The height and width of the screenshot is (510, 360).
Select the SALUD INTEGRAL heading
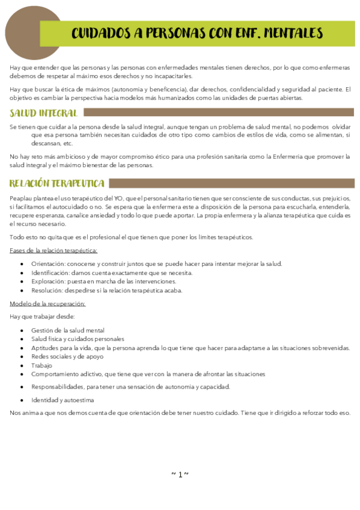click(44, 113)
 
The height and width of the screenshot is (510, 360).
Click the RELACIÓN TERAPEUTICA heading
click(57, 183)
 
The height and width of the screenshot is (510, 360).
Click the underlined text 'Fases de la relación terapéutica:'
click(54, 250)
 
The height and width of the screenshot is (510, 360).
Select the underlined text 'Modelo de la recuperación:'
click(47, 303)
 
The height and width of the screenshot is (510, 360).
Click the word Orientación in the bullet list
click(47, 263)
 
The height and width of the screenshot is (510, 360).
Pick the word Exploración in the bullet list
click(48, 281)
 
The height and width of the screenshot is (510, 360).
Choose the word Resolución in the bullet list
click(47, 290)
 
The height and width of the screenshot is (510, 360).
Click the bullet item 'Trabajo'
click(42, 365)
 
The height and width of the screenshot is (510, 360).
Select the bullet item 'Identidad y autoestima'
click(63, 400)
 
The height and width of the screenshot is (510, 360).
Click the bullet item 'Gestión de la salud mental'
click(67, 330)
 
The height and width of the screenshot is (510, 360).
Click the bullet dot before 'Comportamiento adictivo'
click(22, 373)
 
